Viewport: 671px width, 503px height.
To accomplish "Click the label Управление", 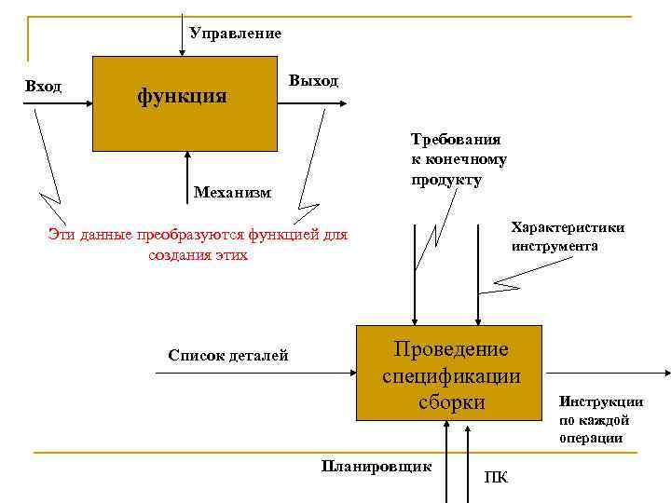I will tap(235, 34).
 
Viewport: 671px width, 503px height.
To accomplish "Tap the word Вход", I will tap(43, 87).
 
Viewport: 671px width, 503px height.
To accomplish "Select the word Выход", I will tap(314, 81).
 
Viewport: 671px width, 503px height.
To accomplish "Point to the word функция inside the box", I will tap(182, 95).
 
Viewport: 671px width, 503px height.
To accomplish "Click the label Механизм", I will tap(233, 193).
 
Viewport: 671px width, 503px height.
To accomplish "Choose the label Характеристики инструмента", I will tap(568, 237).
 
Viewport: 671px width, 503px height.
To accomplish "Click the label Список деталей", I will tap(228, 355).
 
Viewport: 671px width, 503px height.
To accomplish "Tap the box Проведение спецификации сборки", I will tap(449, 373).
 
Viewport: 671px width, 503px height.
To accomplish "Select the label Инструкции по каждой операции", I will tap(601, 419).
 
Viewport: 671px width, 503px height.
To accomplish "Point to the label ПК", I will tap(497, 478).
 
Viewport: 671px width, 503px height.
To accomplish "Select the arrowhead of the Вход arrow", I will tap(88, 103).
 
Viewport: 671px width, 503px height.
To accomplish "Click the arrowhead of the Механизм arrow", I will tap(187, 156).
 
